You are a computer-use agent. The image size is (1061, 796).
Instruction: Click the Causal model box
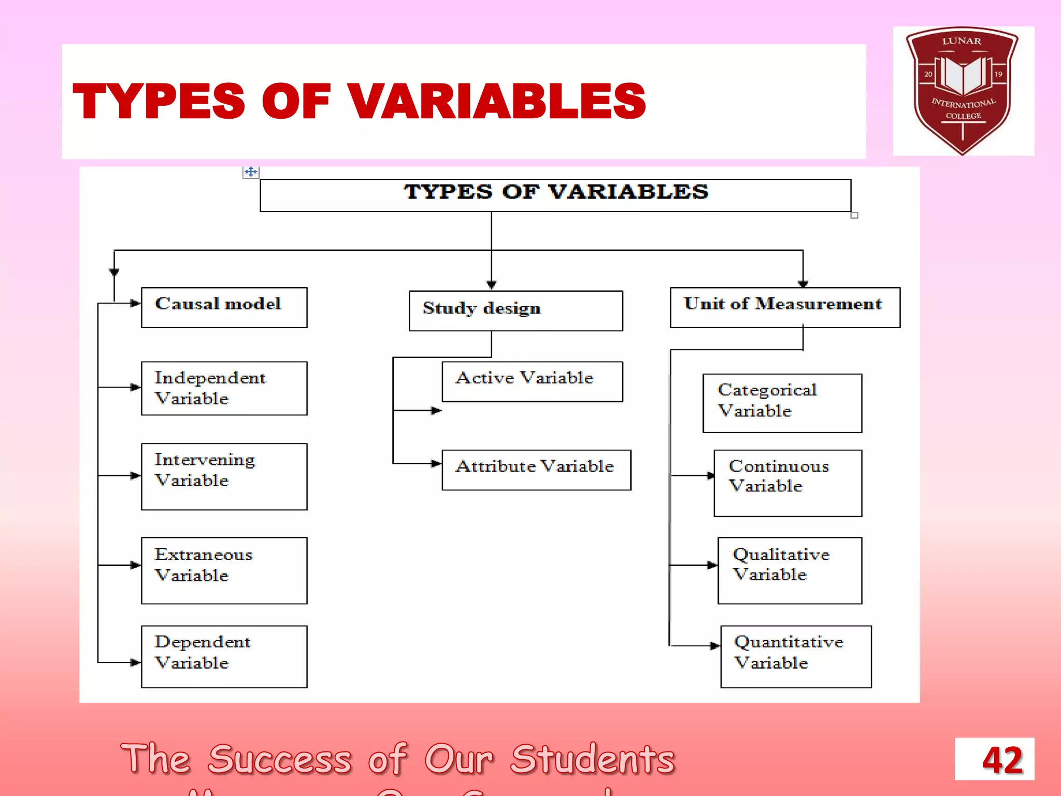coord(224,307)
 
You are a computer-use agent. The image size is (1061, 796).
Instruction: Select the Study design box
coord(515,310)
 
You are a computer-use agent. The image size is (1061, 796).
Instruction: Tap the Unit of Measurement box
coord(784,307)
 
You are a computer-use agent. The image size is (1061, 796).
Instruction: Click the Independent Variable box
coord(224,388)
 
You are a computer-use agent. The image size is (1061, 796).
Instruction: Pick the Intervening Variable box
coord(224,476)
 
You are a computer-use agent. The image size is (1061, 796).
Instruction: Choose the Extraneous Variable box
coord(224,570)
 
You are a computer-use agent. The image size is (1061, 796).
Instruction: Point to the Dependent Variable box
coord(224,657)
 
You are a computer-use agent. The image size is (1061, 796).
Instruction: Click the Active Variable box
coord(532,381)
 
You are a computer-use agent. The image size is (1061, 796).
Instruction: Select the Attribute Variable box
coord(536,470)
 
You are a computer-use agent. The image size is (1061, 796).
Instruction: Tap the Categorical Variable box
coord(782,403)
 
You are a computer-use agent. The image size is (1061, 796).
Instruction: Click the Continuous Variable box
coord(787,483)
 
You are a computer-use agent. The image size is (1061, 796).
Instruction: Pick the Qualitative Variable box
coord(790,570)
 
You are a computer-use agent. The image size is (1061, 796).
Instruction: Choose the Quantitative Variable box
coord(796,657)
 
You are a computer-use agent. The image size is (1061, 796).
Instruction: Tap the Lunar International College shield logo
coord(962,91)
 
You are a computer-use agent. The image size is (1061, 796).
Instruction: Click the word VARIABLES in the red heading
coord(496,102)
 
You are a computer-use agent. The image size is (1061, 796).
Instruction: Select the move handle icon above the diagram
coord(251,172)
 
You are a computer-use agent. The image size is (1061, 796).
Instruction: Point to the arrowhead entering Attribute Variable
coord(437,463)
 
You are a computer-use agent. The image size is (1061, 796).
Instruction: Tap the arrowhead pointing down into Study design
coord(492,285)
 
